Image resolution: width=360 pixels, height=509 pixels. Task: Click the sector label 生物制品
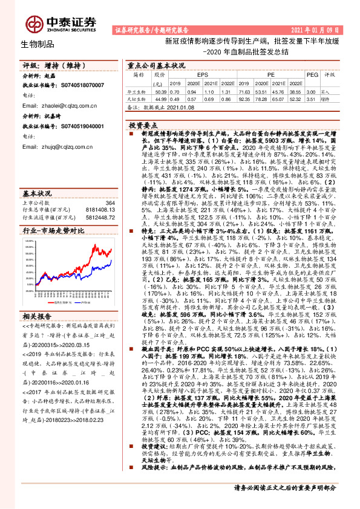(38, 44)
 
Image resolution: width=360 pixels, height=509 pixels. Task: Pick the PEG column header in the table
(313, 74)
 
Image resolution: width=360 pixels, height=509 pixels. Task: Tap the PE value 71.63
(244, 90)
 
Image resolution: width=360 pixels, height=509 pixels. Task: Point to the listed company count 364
(110, 203)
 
